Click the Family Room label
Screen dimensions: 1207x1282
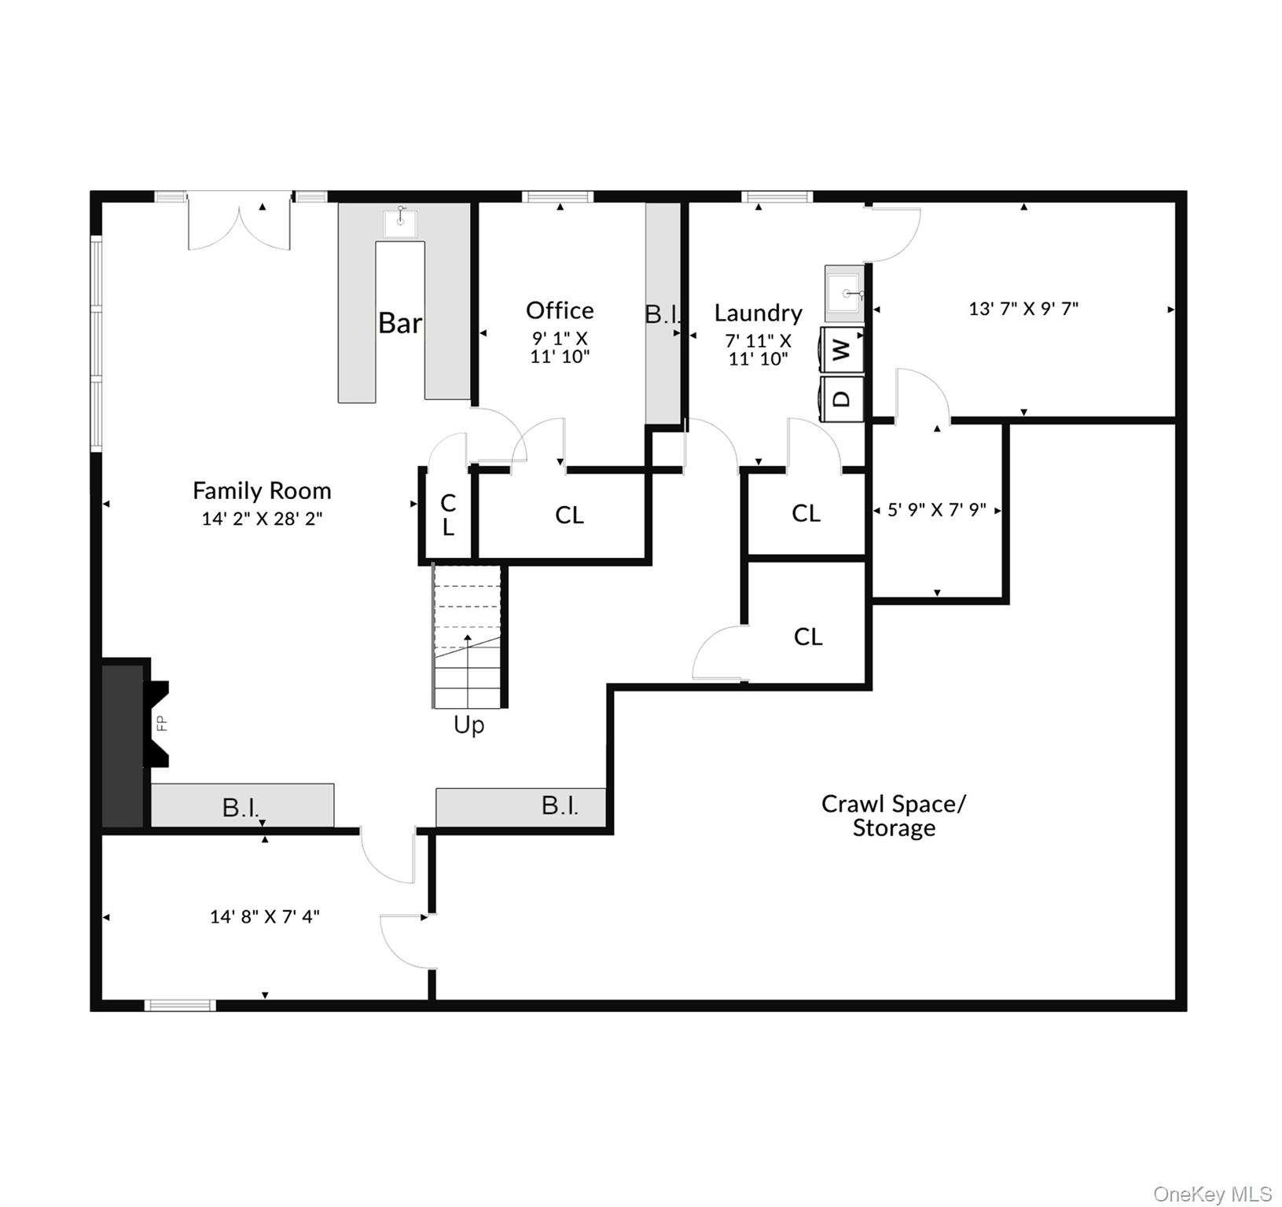tap(262, 491)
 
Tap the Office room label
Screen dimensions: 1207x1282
tap(560, 310)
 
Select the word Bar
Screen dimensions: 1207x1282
tap(399, 323)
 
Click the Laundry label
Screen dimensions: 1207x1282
tap(758, 313)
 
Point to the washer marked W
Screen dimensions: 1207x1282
tap(842, 349)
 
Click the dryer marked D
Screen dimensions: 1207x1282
tap(842, 399)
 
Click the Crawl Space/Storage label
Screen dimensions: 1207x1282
tap(894, 816)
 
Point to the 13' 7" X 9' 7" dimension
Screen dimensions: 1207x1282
tap(1023, 309)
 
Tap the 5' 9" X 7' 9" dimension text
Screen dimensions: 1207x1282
tap(936, 510)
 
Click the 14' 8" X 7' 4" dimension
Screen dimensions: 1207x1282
tap(264, 916)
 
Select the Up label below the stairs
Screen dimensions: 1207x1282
tap(468, 725)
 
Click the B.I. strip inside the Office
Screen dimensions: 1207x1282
tap(663, 314)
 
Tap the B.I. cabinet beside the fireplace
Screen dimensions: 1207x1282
tap(242, 806)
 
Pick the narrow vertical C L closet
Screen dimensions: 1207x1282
tap(447, 515)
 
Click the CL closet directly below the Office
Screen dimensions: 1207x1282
tap(568, 515)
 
